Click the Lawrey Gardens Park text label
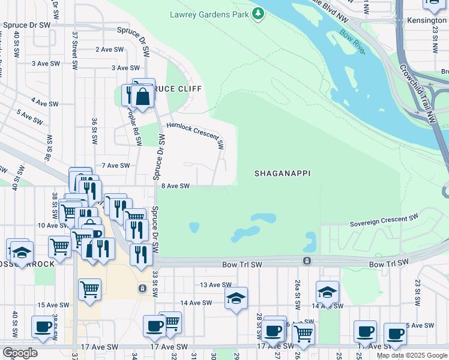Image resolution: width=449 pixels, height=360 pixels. click(x=208, y=14)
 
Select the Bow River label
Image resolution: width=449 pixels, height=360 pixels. click(x=352, y=42)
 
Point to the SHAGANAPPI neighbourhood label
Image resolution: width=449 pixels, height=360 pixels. click(x=282, y=173)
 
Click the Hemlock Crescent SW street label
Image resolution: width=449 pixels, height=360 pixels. click(x=195, y=134)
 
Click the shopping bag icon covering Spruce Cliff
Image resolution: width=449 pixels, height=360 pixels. click(x=143, y=96)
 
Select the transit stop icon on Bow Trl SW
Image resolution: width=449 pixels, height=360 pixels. click(x=307, y=261)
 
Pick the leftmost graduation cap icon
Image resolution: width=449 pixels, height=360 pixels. click(x=21, y=253)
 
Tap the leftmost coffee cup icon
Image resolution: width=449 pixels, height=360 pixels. click(x=43, y=327)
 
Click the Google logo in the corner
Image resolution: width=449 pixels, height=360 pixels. click(x=20, y=353)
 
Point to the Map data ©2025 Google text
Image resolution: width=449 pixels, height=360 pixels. click(x=412, y=355)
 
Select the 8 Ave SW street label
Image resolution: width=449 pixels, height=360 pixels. click(x=175, y=186)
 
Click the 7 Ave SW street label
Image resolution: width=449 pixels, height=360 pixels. click(x=116, y=165)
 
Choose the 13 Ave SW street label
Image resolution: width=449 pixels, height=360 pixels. click(x=215, y=285)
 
